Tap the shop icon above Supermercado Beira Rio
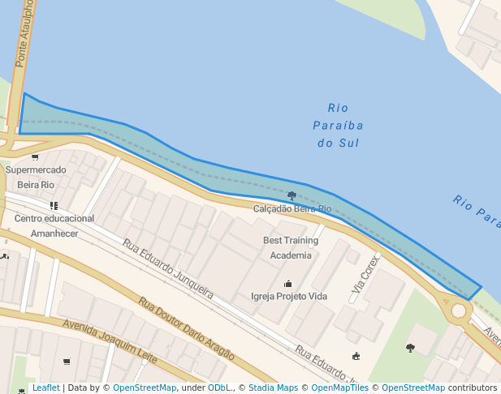35,156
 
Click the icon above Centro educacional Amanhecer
54,206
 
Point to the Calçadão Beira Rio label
292,209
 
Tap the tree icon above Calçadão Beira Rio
292,195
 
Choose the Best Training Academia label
291,247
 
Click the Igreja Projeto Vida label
289,296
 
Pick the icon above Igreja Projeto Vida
287,283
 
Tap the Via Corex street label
365,274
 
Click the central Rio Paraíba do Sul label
338,125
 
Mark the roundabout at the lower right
459,310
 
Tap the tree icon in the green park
410,348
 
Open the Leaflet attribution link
45,388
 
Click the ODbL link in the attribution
219,388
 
